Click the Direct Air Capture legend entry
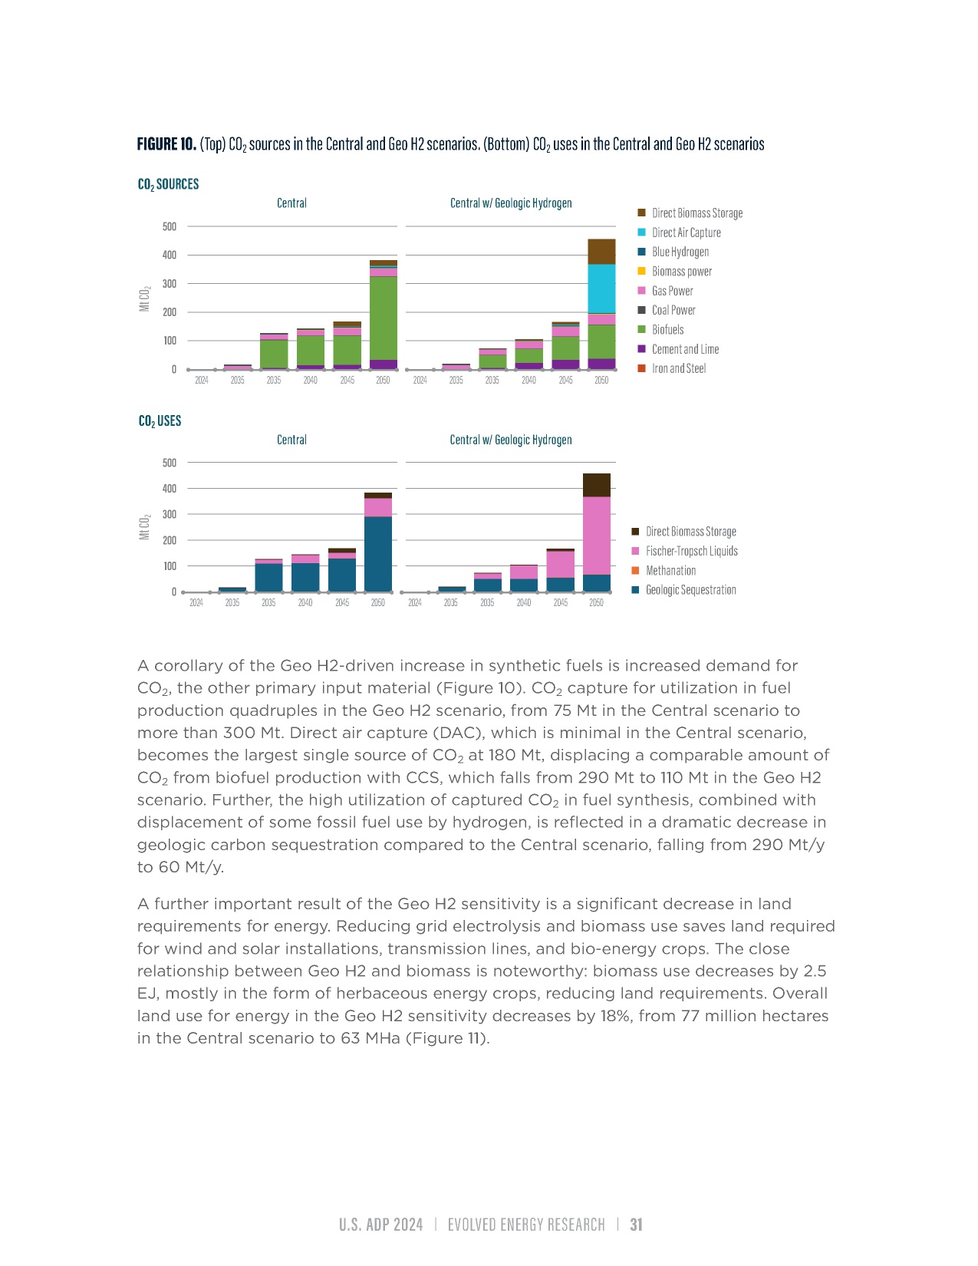click(686, 232)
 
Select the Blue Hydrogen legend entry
click(680, 252)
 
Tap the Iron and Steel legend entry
click(678, 368)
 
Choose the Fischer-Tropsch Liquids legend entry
click(691, 551)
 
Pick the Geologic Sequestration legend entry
click(690, 590)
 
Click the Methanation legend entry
click(670, 571)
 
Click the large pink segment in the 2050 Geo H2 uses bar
click(597, 535)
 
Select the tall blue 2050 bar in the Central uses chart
click(378, 553)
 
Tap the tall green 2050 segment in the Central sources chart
click(384, 317)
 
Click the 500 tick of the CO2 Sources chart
click(170, 226)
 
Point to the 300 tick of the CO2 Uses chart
click(170, 514)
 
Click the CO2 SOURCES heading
click(168, 184)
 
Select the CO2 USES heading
click(160, 420)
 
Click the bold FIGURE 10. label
click(166, 144)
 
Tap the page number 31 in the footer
click(637, 1225)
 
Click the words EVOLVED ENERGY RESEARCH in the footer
click(526, 1225)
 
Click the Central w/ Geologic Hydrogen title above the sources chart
click(511, 203)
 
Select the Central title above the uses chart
click(291, 440)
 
